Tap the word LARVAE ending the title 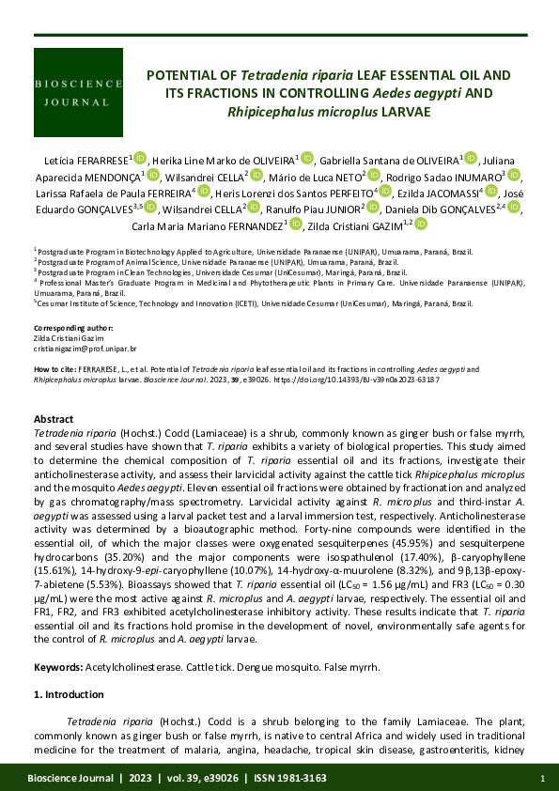tap(404, 111)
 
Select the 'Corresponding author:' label tap(69, 328)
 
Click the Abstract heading tap(54, 419)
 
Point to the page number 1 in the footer tap(543, 779)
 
